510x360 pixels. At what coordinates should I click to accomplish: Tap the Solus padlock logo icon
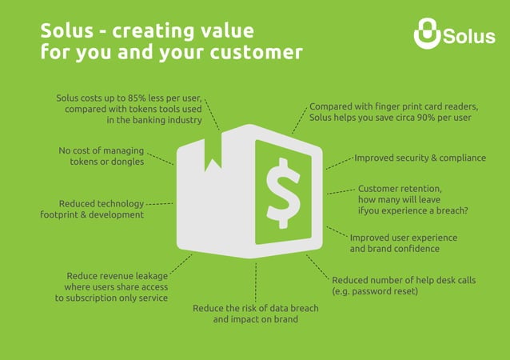(x=428, y=34)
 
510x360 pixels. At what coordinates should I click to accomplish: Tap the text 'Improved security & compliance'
(x=420, y=158)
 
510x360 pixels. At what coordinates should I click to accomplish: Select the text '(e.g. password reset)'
(x=375, y=291)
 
